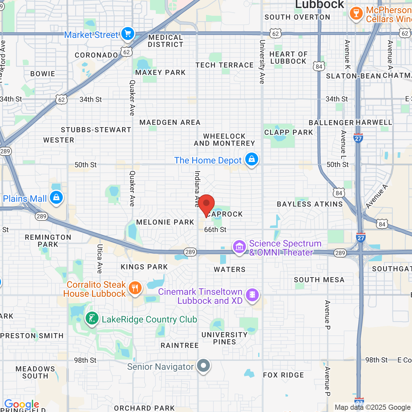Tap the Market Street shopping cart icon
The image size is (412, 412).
click(128, 34)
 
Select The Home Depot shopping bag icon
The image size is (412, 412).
click(252, 159)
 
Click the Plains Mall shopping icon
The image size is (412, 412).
click(56, 198)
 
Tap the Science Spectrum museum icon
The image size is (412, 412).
click(239, 247)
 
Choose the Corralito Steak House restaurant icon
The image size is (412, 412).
click(135, 288)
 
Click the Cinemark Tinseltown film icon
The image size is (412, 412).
click(252, 295)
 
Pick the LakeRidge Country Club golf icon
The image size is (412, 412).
click(92, 319)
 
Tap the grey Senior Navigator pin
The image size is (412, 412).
click(203, 366)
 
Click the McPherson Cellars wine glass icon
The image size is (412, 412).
click(356, 14)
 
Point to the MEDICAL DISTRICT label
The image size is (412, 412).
click(165, 41)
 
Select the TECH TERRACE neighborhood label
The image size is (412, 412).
click(225, 65)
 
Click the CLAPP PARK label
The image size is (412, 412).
click(288, 133)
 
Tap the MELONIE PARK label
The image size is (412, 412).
click(165, 222)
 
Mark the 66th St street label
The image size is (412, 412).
click(215, 229)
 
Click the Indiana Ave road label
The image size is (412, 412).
click(197, 189)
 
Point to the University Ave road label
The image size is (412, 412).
click(262, 62)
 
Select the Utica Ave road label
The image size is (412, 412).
click(99, 258)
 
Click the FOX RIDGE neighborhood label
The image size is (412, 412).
click(283, 375)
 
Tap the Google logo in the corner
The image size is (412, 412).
click(22, 404)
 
